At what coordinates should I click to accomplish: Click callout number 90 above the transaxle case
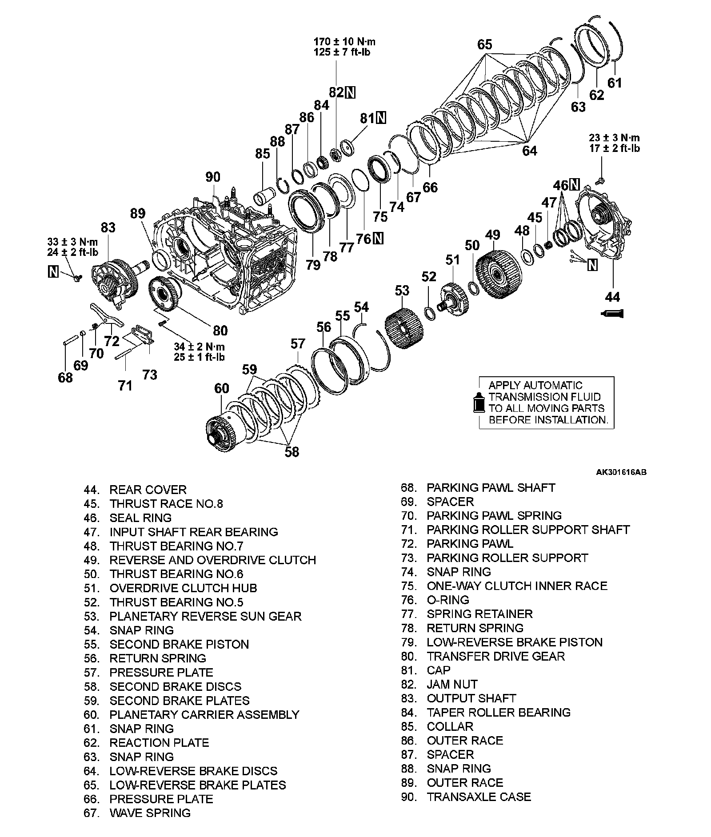pos(213,177)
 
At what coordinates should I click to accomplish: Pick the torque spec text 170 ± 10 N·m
pos(344,42)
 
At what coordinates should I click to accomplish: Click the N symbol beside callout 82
pos(351,92)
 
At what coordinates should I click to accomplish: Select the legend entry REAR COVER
pos(148,490)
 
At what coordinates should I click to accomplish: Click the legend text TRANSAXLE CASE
pos(479,797)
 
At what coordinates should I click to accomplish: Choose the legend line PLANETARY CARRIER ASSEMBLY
pos(204,714)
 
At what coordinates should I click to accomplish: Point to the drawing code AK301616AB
pos(621,472)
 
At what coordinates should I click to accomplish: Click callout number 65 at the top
pos(485,44)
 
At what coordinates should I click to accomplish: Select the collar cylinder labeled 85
pos(262,196)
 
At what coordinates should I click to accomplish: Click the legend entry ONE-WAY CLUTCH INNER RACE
pos(517,586)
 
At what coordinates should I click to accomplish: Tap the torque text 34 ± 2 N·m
pos(199,347)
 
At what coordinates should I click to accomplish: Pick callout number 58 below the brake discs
pos(292,452)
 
